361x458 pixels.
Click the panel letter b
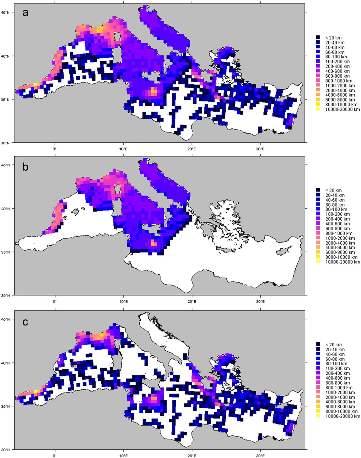(25, 167)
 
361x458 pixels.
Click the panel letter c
(25, 322)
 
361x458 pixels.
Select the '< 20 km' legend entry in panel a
(333, 38)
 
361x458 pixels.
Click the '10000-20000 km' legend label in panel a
(342, 109)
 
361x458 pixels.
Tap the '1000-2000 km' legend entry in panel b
(340, 238)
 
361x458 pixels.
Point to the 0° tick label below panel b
(55, 302)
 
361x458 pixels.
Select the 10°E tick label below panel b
(124, 302)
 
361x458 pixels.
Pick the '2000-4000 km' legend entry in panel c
(340, 397)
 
